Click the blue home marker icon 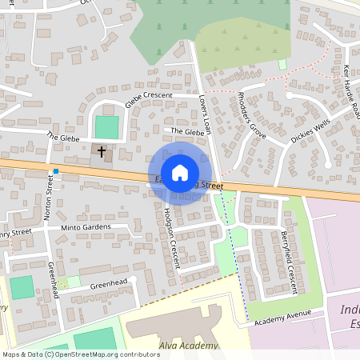180,172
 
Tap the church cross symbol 102,150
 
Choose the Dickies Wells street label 310,131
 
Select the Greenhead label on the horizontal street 108,283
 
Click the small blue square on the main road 56,170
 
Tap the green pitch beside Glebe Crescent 106,126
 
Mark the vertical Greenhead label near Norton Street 53,279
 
